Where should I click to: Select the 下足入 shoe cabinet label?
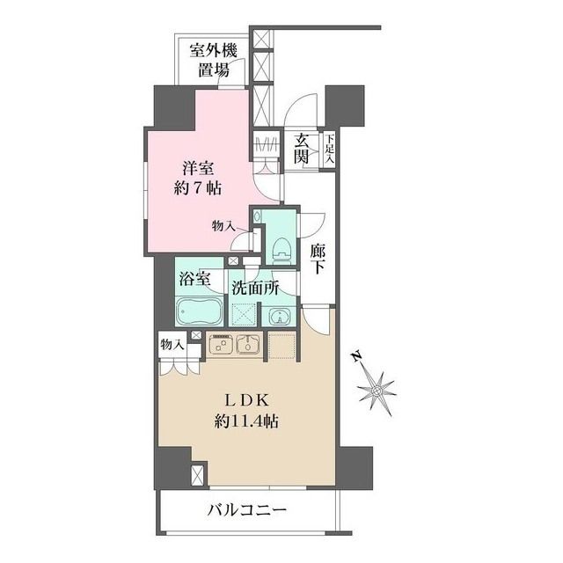pos(327,149)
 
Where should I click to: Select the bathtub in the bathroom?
pos(199,312)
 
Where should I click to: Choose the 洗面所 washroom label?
pos(254,286)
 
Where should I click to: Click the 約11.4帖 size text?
pos(247,421)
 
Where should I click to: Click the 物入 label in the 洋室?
pos(223,227)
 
